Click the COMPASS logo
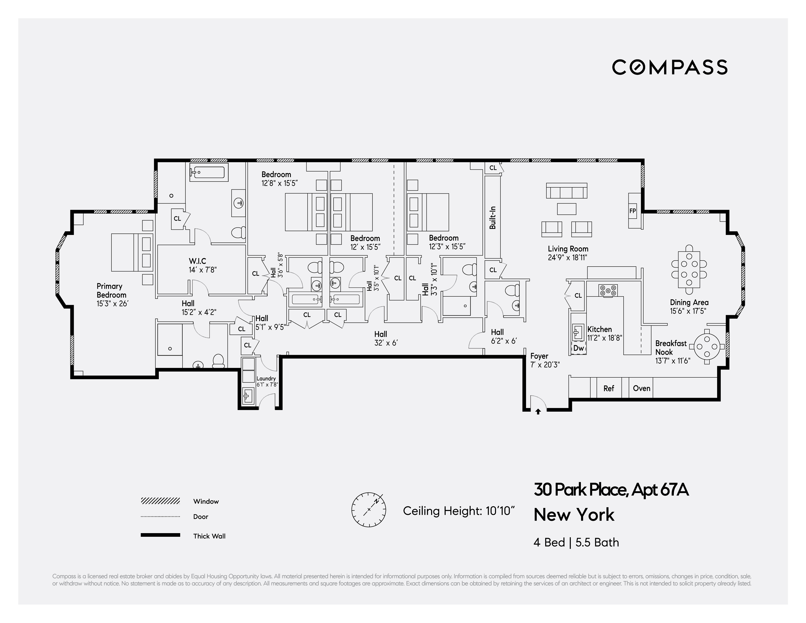click(x=670, y=67)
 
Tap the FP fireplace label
click(x=632, y=211)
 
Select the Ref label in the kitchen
click(x=608, y=388)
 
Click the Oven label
click(x=641, y=388)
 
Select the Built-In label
click(x=493, y=218)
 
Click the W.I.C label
click(x=198, y=261)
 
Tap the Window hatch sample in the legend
click(x=160, y=501)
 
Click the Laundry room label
click(x=266, y=378)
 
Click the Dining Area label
click(x=689, y=302)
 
